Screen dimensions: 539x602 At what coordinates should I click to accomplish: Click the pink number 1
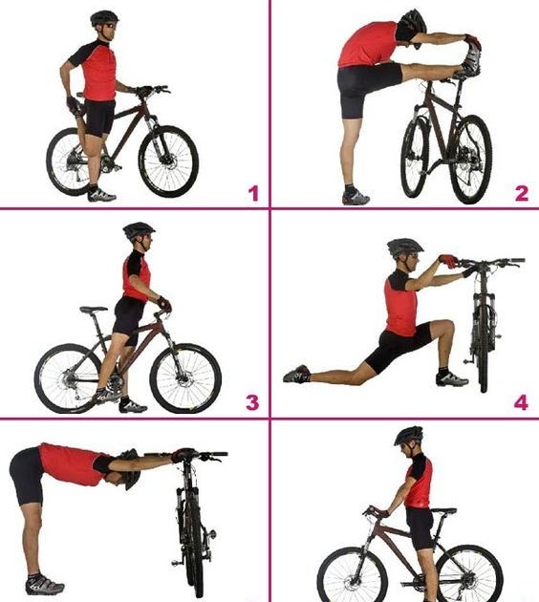click(254, 193)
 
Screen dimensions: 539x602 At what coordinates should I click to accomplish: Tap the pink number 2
click(522, 193)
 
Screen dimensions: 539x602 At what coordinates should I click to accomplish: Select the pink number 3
click(252, 402)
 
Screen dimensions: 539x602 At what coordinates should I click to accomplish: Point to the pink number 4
click(521, 402)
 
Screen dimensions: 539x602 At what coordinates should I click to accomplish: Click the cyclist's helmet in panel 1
click(104, 17)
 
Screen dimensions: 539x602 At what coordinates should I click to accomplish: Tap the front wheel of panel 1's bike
click(168, 161)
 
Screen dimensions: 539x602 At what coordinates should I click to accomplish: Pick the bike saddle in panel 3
click(94, 309)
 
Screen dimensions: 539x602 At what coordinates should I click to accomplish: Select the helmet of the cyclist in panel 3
click(139, 230)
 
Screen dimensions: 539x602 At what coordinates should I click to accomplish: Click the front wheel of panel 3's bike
click(185, 378)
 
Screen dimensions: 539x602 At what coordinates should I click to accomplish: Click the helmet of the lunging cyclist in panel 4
click(404, 247)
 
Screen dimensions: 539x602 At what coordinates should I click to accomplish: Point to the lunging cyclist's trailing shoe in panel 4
click(297, 374)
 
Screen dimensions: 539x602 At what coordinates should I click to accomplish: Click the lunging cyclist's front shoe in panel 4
click(452, 379)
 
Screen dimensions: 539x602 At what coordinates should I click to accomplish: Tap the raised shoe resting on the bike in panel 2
click(472, 58)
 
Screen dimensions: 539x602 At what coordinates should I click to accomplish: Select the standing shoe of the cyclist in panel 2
click(356, 198)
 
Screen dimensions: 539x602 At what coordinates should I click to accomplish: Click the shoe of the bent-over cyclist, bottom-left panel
click(45, 587)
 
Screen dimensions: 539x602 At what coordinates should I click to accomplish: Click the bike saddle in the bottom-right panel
click(443, 511)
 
